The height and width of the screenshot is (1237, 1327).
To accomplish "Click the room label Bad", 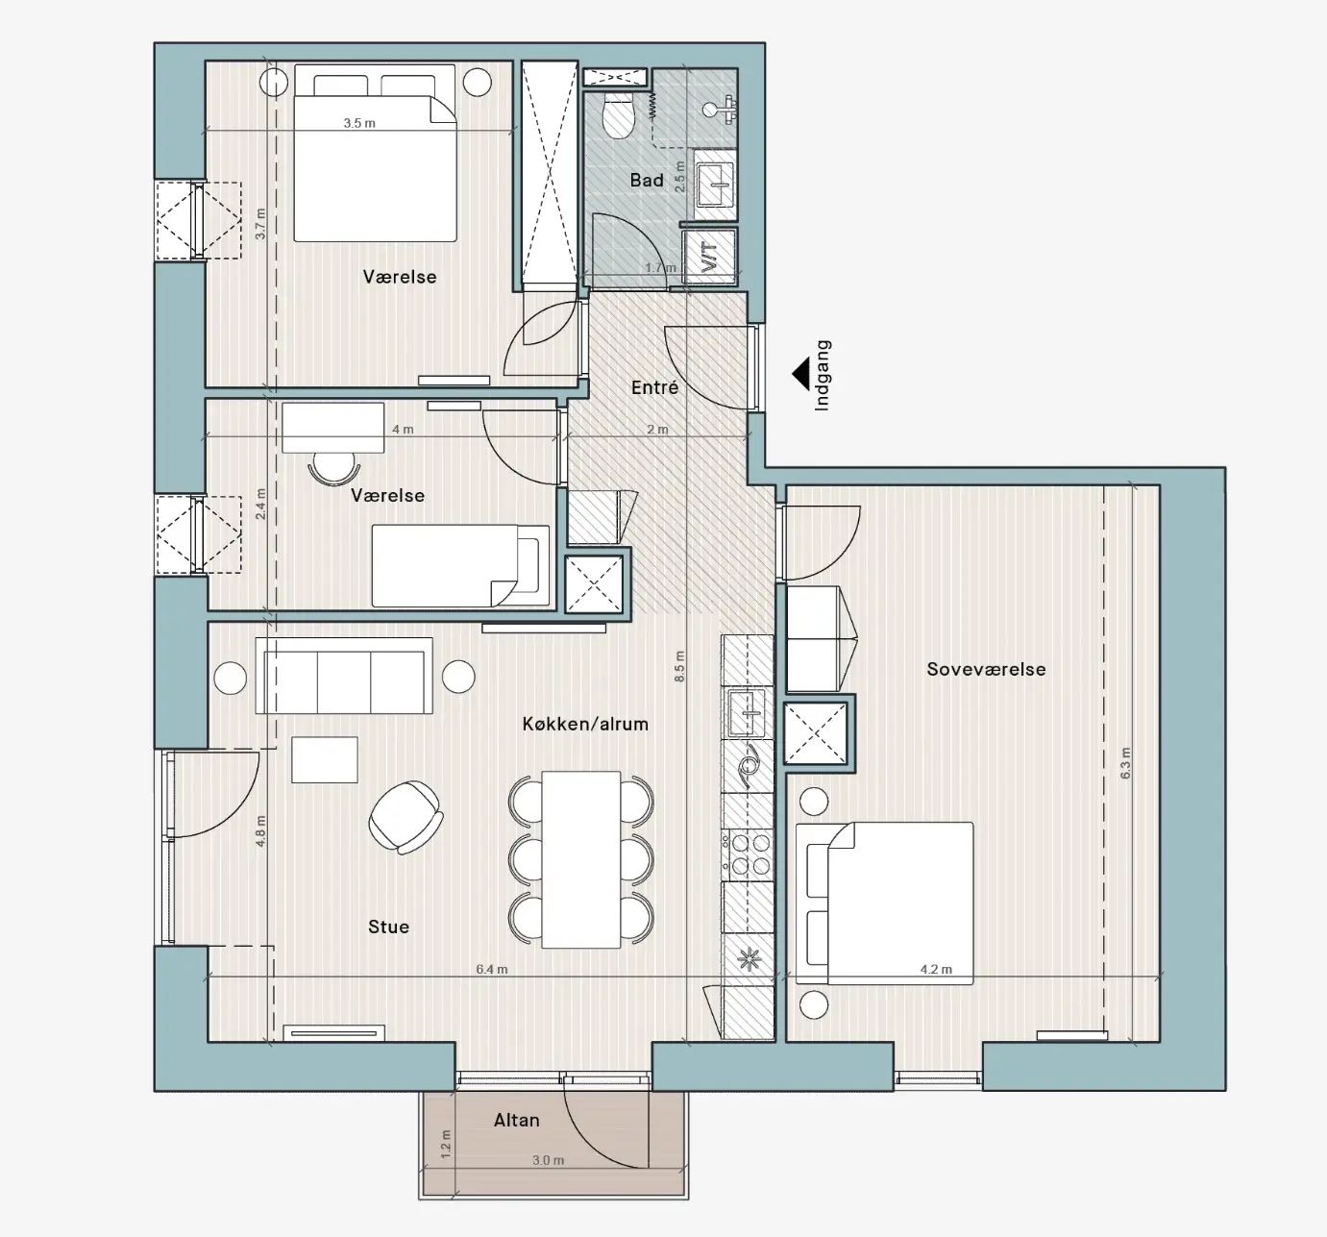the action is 646,181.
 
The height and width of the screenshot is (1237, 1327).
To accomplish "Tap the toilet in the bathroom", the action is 617,114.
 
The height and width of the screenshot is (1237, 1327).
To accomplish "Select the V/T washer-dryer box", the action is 710,256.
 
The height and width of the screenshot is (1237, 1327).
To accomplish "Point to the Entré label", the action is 654,387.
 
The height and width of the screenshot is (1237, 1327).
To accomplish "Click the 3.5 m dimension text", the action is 359,123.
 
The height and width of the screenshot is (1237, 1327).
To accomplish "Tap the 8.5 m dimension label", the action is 680,666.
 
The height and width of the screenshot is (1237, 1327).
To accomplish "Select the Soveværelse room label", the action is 986,669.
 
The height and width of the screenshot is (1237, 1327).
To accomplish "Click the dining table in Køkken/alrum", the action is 581,860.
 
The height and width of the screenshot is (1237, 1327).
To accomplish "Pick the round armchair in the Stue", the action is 405,817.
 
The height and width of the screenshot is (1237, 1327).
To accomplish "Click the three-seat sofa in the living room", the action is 344,676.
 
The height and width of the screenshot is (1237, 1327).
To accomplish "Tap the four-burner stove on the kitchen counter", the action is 748,854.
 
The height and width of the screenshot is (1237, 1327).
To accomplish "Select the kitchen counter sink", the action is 748,713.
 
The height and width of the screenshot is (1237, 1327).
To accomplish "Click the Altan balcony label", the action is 517,1120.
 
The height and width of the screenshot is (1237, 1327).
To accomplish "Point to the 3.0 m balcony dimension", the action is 548,1160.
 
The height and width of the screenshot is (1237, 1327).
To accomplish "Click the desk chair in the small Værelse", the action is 332,468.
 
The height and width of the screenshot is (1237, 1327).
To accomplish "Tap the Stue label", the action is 388,927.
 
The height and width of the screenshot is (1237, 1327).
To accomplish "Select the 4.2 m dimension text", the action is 936,969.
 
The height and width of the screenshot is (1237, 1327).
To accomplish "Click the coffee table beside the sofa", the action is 325,759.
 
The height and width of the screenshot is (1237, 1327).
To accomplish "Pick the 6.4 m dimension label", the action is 492,969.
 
